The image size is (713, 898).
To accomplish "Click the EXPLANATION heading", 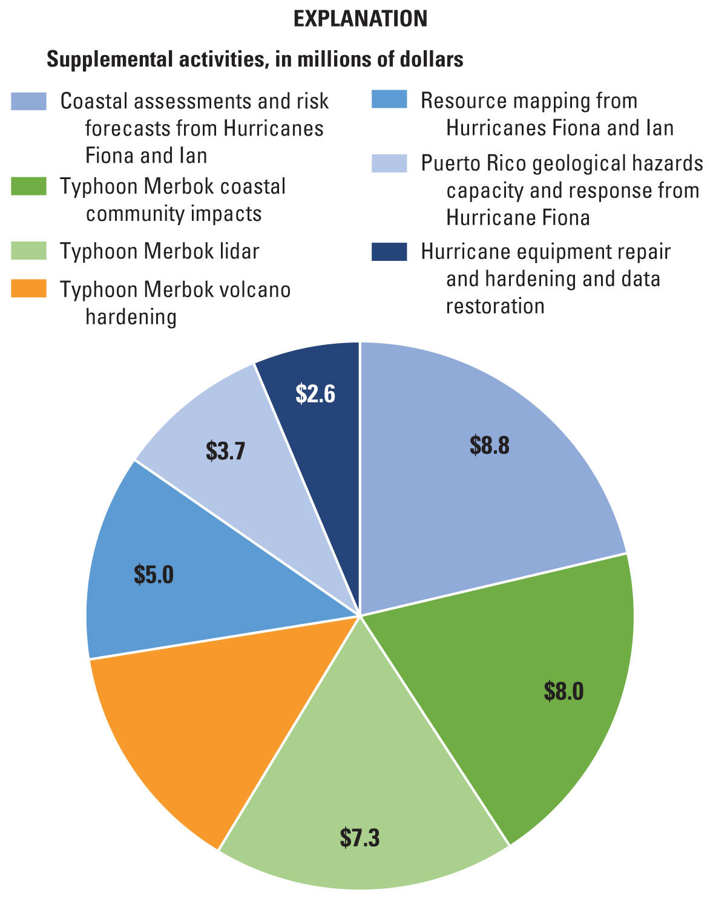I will (x=360, y=19).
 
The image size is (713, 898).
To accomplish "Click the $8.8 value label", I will (x=490, y=445).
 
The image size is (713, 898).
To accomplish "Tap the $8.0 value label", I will (x=563, y=690).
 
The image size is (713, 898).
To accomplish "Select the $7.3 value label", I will (x=360, y=837).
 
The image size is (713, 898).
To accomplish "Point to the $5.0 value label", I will (x=154, y=574).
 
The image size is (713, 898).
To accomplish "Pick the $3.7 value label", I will (x=225, y=451).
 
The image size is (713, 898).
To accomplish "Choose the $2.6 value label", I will (x=315, y=393).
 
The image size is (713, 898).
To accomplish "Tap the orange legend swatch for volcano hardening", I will (x=28, y=289).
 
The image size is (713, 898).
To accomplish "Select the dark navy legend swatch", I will (x=389, y=252).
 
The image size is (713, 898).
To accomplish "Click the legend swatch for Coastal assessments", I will (x=28, y=102).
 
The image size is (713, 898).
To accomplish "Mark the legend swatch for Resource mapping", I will (x=389, y=100).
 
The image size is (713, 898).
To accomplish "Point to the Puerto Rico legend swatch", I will (x=389, y=163).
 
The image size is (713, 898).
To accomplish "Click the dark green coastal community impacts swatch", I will (x=28, y=186).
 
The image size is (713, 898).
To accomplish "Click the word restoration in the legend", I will (x=494, y=306).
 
